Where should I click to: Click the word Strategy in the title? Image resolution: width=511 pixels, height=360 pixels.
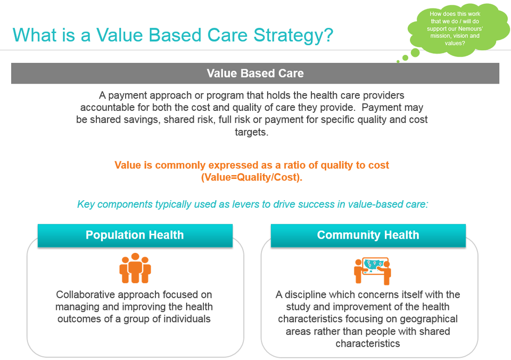293,36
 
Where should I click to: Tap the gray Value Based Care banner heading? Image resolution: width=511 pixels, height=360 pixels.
255,73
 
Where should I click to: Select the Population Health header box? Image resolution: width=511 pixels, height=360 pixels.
135,235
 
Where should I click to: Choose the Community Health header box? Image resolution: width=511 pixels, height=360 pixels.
368,235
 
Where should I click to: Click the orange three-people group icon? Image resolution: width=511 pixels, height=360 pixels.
135,268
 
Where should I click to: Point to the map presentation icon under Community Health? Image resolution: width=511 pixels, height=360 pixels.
373,271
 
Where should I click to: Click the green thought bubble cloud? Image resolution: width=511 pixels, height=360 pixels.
458,29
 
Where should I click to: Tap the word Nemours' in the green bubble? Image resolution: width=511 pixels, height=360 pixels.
471,29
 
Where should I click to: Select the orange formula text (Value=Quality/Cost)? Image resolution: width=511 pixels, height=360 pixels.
252,177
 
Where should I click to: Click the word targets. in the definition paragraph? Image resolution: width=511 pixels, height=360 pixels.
252,132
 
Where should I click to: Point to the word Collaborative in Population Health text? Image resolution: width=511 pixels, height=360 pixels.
85,294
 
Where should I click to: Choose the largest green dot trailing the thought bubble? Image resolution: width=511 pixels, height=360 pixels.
415,53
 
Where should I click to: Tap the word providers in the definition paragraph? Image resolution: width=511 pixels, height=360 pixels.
384,95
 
